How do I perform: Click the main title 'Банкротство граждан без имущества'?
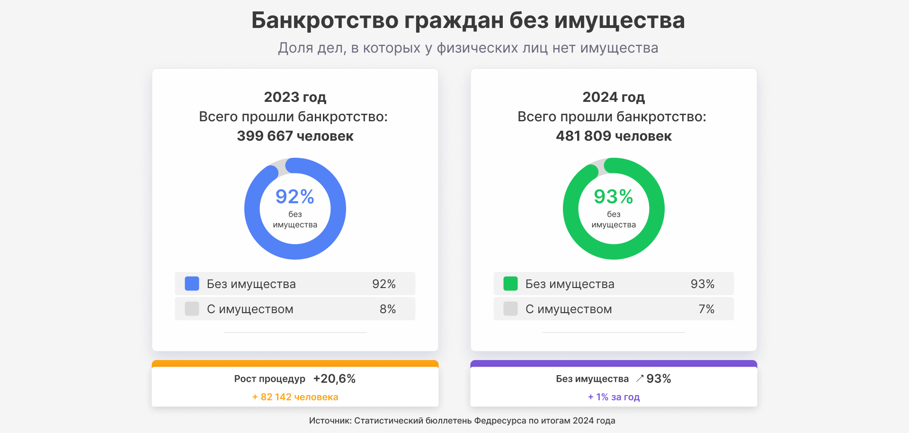pyautogui.click(x=468, y=20)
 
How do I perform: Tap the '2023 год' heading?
pyautogui.click(x=295, y=97)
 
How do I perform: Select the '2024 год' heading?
pyautogui.click(x=614, y=97)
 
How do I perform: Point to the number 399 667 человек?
pyautogui.click(x=295, y=136)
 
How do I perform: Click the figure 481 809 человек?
pyautogui.click(x=614, y=136)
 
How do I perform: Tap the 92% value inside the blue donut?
pyautogui.click(x=295, y=197)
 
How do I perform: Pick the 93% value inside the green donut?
pyautogui.click(x=614, y=197)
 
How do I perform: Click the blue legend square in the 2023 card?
pyautogui.click(x=192, y=284)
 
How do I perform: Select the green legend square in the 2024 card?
pyautogui.click(x=510, y=284)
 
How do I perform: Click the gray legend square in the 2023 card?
pyautogui.click(x=192, y=309)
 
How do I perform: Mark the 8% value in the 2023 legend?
pyautogui.click(x=388, y=309)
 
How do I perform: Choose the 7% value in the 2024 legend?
pyautogui.click(x=706, y=309)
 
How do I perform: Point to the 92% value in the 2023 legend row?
pyautogui.click(x=384, y=284)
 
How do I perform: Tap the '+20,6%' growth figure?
pyautogui.click(x=334, y=379)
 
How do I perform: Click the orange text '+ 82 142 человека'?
pyautogui.click(x=295, y=397)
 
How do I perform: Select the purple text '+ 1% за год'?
pyautogui.click(x=614, y=397)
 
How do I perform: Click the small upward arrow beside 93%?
pyautogui.click(x=640, y=378)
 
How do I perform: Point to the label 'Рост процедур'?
pyautogui.click(x=270, y=379)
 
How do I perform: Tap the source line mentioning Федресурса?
pyautogui.click(x=462, y=421)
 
